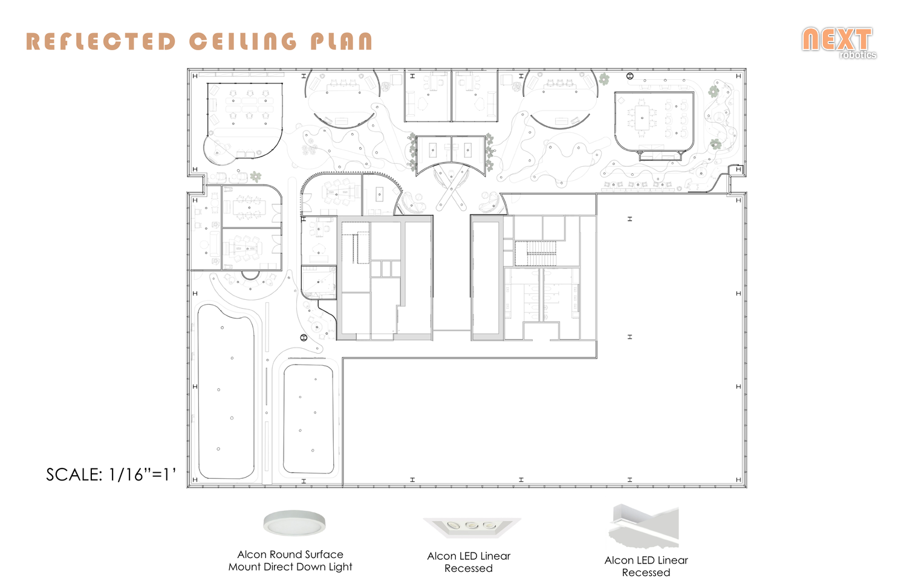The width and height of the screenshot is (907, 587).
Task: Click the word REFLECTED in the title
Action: pos(101,42)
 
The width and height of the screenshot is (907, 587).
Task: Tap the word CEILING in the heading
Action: pos(243,41)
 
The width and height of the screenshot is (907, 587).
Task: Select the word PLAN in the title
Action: pos(342,42)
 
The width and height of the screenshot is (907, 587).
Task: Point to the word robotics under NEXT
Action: pos(858,54)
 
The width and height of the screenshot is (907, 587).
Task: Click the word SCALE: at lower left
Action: pos(74,475)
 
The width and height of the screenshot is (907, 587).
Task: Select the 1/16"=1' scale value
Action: pos(142,474)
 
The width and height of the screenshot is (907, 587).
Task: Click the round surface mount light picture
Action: pos(294,523)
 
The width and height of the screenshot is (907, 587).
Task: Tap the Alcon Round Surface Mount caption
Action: pos(290,560)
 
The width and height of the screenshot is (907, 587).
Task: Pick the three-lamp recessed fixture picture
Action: pos(472,527)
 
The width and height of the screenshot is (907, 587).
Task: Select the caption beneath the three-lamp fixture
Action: pos(469,562)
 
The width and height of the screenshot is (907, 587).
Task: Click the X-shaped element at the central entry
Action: pos(450,189)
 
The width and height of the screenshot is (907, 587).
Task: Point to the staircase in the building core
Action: pos(542,253)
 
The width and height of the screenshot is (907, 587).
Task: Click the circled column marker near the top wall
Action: pos(630,76)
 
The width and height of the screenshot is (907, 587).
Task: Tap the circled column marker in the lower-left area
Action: pos(304,337)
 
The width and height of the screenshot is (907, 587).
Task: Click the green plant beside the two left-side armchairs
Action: pos(255,177)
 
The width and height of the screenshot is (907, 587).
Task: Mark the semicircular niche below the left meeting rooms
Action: pos(251,275)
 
